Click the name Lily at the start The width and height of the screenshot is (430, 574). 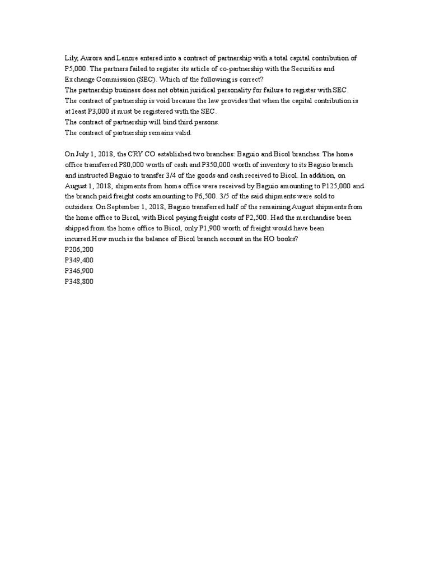tap(72, 58)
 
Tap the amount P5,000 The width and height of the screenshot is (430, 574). tap(76, 68)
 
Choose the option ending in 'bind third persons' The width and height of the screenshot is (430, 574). tap(142, 122)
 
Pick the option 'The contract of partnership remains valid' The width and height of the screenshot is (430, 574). tap(128, 132)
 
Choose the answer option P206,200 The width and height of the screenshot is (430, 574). tap(79, 249)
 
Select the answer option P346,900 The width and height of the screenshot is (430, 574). tap(79, 271)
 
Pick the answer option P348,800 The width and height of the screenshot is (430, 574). tap(79, 281)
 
